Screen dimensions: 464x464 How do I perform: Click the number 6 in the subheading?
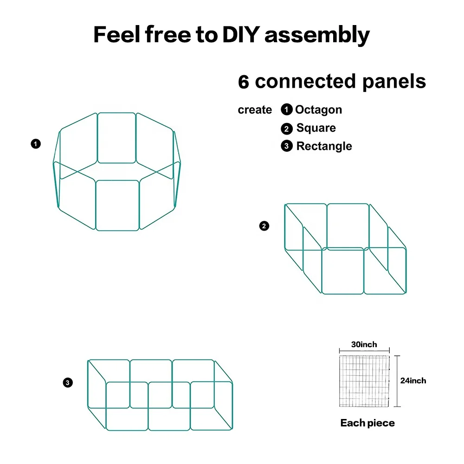(244, 82)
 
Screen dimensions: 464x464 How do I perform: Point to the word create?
(255, 110)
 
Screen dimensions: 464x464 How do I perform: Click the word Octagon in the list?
(318, 110)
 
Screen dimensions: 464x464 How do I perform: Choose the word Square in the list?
(316, 128)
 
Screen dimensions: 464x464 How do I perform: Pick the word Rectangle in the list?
(324, 146)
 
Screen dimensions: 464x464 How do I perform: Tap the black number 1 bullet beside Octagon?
(287, 110)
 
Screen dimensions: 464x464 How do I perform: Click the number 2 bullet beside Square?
(287, 129)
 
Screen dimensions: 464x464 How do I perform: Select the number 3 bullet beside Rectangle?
(287, 147)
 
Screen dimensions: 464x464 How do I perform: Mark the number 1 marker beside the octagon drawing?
(36, 144)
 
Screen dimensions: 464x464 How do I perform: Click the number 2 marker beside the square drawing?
(264, 226)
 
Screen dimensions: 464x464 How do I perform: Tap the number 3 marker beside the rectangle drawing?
(68, 383)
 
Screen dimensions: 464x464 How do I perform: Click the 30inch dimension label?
(364, 344)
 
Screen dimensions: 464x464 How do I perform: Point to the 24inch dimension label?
(413, 380)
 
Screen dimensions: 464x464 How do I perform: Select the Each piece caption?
(367, 423)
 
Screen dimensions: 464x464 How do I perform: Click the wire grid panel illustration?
(364, 381)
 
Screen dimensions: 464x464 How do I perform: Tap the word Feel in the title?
(117, 35)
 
